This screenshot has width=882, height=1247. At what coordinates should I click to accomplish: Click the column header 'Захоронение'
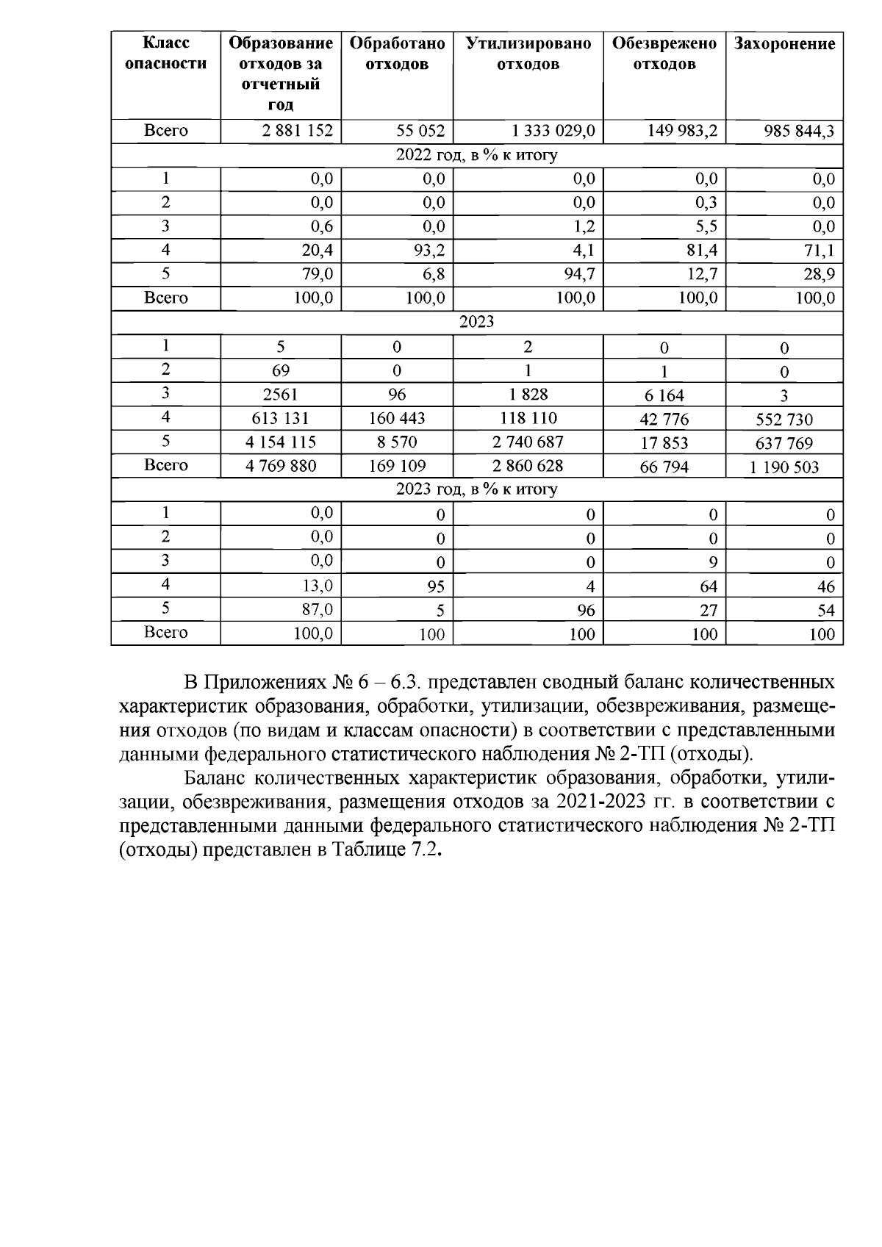(x=784, y=44)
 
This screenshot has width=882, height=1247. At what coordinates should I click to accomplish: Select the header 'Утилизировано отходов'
(x=528, y=54)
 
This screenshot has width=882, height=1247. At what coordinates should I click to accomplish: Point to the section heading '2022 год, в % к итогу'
(x=476, y=155)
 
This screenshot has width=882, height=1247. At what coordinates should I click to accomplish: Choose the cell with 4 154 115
(x=281, y=442)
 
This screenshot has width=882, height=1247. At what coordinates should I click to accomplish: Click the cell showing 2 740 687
(x=528, y=442)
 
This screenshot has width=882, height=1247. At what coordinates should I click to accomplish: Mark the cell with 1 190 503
(x=784, y=467)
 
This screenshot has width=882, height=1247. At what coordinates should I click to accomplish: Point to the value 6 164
(x=664, y=395)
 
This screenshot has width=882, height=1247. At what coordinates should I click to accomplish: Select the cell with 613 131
(x=281, y=418)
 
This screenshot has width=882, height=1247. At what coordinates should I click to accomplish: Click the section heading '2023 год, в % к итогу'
(x=476, y=489)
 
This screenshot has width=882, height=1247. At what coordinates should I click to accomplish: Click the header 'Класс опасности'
(x=165, y=54)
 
